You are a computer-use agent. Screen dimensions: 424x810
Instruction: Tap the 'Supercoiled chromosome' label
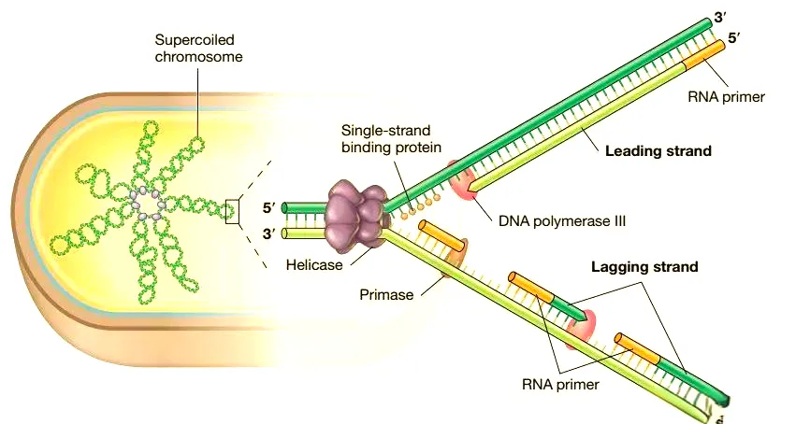198,49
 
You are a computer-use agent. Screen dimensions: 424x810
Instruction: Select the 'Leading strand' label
658,150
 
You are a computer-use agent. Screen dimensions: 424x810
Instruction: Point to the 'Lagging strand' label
644,267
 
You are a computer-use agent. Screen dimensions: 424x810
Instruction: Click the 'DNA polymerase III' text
561,221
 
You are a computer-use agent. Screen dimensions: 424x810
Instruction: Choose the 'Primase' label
386,294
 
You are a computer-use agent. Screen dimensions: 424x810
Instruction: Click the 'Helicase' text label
313,264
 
